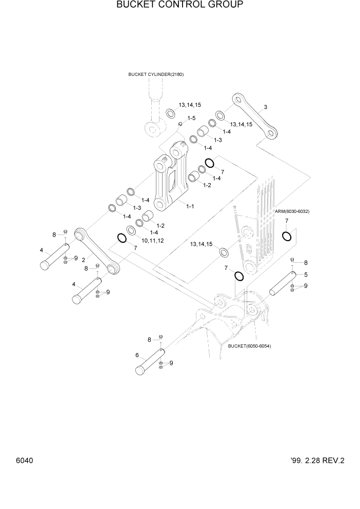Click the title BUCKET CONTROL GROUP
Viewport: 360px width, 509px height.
tap(179, 5)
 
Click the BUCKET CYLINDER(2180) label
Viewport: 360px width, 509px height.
tap(156, 74)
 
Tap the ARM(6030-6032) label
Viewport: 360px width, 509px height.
tap(292, 211)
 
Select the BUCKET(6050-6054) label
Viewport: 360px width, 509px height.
tap(250, 346)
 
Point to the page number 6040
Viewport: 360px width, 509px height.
tap(24, 460)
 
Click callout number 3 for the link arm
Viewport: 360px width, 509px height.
tap(266, 107)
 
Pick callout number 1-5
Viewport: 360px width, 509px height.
tap(191, 118)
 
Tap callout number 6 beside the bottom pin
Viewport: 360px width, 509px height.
tap(137, 355)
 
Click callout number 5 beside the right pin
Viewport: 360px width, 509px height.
tap(306, 275)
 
